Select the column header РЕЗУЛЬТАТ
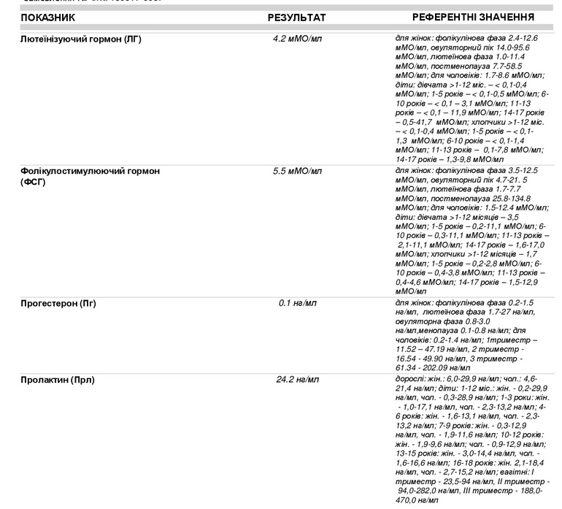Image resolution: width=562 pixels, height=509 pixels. (x=297, y=17)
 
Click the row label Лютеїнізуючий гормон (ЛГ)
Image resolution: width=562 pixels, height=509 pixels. (x=81, y=39)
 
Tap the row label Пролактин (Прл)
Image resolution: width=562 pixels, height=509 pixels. (x=58, y=380)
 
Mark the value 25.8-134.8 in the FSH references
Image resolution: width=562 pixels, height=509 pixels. (x=507, y=198)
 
